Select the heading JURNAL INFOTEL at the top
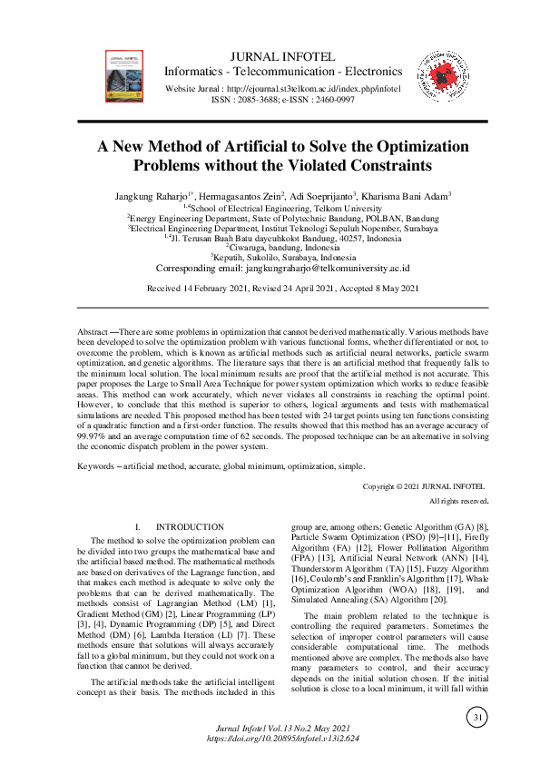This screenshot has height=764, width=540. click(x=282, y=55)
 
